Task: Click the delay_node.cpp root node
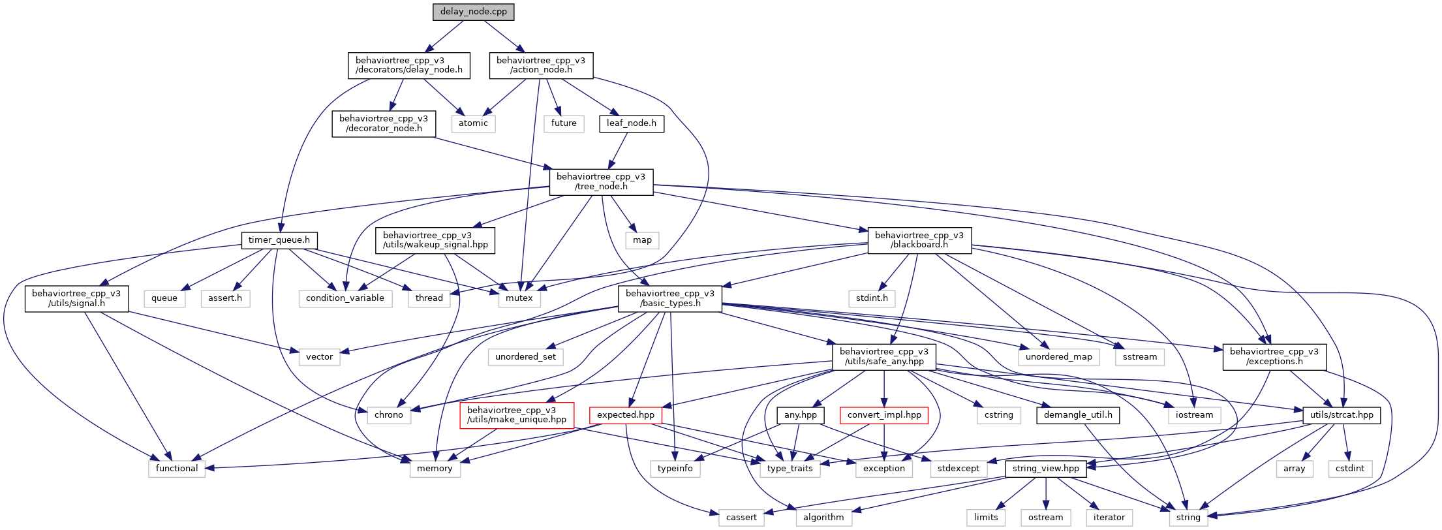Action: pyautogui.click(x=474, y=12)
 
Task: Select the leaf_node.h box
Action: pyautogui.click(x=631, y=123)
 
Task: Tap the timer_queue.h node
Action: pyautogui.click(x=279, y=240)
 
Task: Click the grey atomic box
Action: pyautogui.click(x=473, y=123)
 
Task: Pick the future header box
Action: pyautogui.click(x=564, y=123)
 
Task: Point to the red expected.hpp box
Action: pyautogui.click(x=625, y=415)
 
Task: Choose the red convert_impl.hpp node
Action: pyautogui.click(x=884, y=415)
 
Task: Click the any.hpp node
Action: pyautogui.click(x=801, y=415)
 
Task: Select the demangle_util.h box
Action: pyautogui.click(x=1078, y=415)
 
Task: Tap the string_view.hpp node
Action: pyautogui.click(x=1046, y=469)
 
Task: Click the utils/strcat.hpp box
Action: pyautogui.click(x=1342, y=415)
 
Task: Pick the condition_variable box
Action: pyautogui.click(x=345, y=298)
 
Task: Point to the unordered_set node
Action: pyautogui.click(x=525, y=357)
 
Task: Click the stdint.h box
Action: pyautogui.click(x=872, y=298)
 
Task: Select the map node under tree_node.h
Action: pyautogui.click(x=642, y=240)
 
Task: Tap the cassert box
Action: pyautogui.click(x=741, y=518)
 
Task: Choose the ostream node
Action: pyautogui.click(x=1045, y=518)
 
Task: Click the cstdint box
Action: pyautogui.click(x=1350, y=469)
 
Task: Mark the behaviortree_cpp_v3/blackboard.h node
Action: pyautogui.click(x=919, y=240)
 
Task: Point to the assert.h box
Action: pyautogui.click(x=225, y=298)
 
